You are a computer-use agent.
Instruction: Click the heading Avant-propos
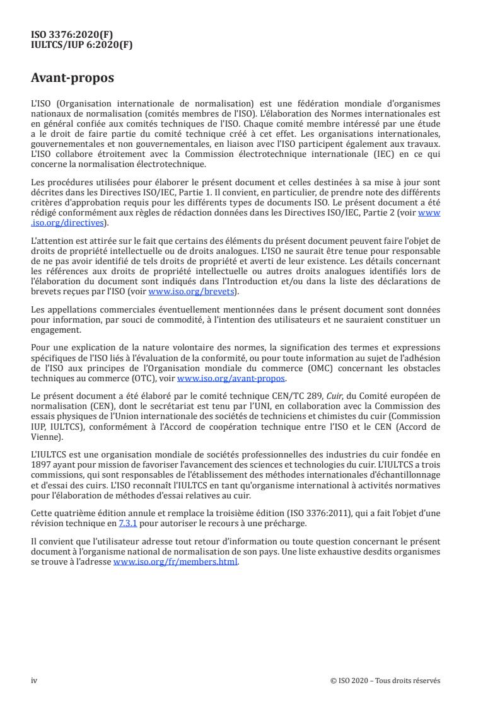click(73, 78)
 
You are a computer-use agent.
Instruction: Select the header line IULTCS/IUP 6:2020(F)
click(81, 44)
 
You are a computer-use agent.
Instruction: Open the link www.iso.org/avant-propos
click(231, 379)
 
